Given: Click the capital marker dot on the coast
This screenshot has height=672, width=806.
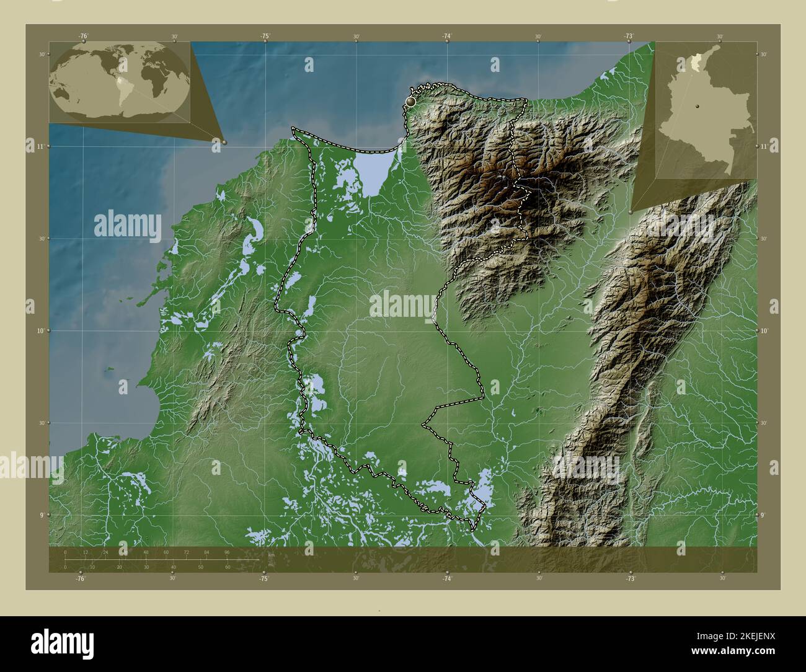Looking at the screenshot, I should (411, 100).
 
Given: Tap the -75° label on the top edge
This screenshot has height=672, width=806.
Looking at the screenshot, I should (265, 36).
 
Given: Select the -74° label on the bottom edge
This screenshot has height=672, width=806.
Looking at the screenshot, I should (447, 578).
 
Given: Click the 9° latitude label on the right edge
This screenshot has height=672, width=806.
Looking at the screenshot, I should (763, 515).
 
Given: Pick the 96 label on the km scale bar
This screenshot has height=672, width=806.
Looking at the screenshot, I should (227, 552).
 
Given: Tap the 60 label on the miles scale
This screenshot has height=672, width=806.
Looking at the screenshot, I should (228, 567).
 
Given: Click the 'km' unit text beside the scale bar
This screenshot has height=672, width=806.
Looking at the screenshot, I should (272, 555).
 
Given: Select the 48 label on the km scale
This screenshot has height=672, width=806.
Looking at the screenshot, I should (146, 552).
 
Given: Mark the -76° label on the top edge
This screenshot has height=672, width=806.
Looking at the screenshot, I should (83, 36).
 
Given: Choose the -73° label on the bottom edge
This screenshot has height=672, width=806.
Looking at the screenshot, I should (630, 578).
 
